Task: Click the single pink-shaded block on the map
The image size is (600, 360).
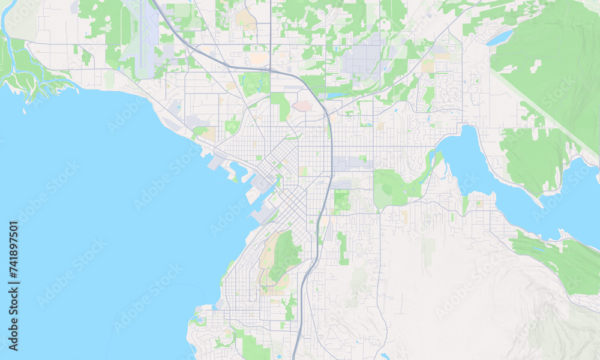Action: click(302, 106)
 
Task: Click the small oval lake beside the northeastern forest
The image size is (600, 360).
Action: click(500, 38)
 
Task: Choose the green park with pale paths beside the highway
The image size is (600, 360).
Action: click(341, 202)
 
